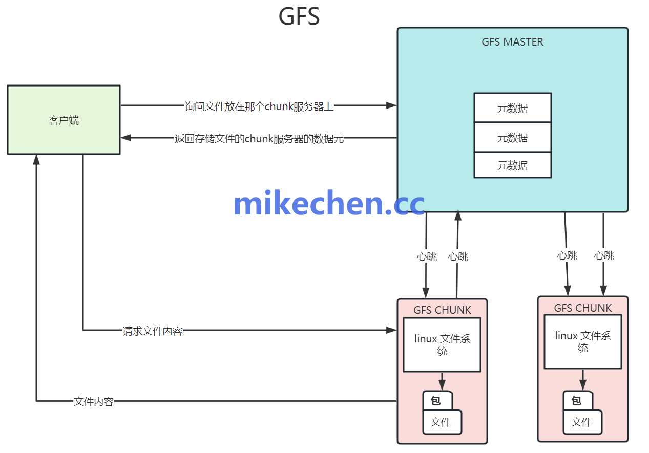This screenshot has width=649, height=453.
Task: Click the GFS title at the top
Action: pyautogui.click(x=299, y=16)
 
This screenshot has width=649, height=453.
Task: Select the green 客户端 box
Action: pyautogui.click(x=64, y=120)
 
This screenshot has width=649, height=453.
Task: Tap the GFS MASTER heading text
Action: pyautogui.click(x=512, y=42)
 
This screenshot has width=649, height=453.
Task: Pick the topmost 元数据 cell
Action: pyautogui.click(x=512, y=108)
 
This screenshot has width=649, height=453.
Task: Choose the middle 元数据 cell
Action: pyautogui.click(x=512, y=137)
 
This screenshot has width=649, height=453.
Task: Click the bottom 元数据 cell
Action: pyautogui.click(x=512, y=165)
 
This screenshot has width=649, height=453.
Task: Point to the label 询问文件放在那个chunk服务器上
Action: pyautogui.click(x=259, y=106)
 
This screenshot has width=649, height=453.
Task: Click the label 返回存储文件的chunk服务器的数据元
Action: pyautogui.click(x=259, y=138)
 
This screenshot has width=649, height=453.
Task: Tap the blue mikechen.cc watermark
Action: pyautogui.click(x=329, y=204)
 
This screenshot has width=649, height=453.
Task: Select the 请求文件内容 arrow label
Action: pyautogui.click(x=153, y=331)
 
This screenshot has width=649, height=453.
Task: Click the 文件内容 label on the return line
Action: pyautogui.click(x=94, y=402)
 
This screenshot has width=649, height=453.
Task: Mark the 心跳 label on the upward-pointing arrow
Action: pyautogui.click(x=458, y=256)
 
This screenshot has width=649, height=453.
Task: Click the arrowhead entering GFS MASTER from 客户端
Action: pyautogui.click(x=392, y=105)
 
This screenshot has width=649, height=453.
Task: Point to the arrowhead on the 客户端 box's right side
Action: pyautogui.click(x=126, y=138)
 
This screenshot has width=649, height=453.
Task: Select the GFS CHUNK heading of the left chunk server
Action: pyautogui.click(x=442, y=310)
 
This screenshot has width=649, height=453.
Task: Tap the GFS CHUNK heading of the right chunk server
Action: pyautogui.click(x=583, y=308)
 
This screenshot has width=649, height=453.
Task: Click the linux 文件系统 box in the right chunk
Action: pyautogui.click(x=582, y=341)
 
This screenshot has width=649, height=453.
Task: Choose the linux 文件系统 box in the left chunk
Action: pyautogui.click(x=442, y=344)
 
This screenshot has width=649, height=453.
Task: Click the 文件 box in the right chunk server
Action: pyautogui.click(x=582, y=422)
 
